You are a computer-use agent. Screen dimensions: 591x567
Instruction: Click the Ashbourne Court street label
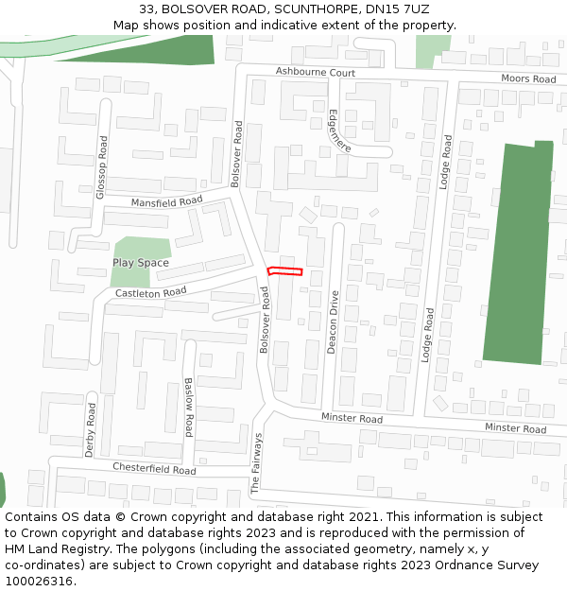(x=316, y=73)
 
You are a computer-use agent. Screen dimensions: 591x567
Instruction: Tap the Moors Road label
(x=528, y=78)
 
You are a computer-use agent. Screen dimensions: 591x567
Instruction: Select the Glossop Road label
(x=102, y=166)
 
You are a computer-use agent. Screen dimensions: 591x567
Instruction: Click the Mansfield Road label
(x=167, y=201)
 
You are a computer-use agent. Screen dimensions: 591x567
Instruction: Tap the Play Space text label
(x=141, y=263)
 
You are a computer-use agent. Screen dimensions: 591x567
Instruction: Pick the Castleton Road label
(x=151, y=293)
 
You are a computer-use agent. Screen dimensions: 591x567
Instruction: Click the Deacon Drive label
(x=333, y=322)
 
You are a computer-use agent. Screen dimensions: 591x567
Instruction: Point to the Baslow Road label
(x=189, y=407)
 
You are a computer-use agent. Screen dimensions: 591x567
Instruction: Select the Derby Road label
(x=91, y=429)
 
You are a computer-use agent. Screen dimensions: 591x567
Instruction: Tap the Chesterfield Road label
(x=154, y=469)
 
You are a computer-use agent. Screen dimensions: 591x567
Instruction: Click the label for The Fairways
(x=255, y=463)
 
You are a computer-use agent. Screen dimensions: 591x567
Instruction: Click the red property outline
(x=284, y=271)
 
